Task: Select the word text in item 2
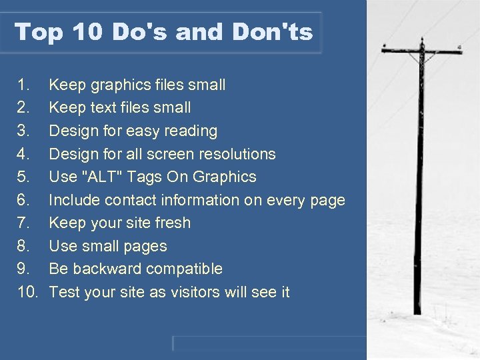point(109,108)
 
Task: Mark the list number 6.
point(23,200)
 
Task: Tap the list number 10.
point(27,292)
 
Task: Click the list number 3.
point(23,131)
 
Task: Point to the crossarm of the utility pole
point(421,50)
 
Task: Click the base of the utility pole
point(417,309)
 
